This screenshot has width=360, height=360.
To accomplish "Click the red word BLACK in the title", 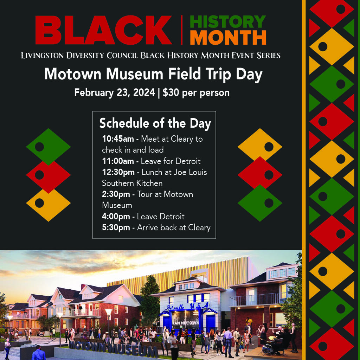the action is coord(104,30).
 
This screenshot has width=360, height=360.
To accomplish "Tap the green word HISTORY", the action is coord(228,22).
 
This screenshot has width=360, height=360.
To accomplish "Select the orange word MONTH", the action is coord(228,37).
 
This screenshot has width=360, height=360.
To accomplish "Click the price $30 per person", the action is coord(196,92).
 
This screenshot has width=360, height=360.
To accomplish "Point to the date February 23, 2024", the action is coord(115,93).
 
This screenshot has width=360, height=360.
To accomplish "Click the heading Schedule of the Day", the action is coord(155,123).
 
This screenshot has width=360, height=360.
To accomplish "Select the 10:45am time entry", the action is coord(118,139).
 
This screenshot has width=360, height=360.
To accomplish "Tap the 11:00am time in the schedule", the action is coord(118,161).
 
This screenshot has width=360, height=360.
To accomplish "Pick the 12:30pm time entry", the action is coord(118,172).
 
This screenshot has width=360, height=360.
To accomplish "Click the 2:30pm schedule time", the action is coord(116,194).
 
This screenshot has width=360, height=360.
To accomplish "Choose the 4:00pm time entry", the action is coord(116,217).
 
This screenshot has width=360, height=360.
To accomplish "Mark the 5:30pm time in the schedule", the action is coord(116,227).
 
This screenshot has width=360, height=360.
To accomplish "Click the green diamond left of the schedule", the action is coord(48,146).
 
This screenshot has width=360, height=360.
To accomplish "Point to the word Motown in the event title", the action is coord(73,74).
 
